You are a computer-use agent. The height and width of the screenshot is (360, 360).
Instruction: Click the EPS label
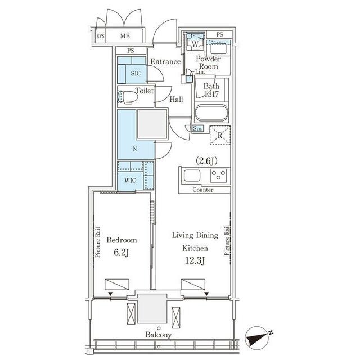(x=100, y=36)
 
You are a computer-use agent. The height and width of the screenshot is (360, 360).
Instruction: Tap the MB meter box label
(x=125, y=36)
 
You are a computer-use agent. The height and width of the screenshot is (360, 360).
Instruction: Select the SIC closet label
(x=136, y=74)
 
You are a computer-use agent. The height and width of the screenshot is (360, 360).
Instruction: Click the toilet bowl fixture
(x=127, y=97)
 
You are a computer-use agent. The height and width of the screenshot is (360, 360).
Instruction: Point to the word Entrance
(x=165, y=61)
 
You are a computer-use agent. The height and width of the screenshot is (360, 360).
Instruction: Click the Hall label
(x=176, y=100)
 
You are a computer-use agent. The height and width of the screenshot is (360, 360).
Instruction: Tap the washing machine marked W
(x=195, y=42)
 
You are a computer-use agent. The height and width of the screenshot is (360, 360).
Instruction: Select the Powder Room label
(x=208, y=62)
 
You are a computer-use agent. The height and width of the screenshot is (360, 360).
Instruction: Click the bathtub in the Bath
(x=211, y=112)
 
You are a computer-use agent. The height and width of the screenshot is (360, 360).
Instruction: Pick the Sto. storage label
(x=197, y=128)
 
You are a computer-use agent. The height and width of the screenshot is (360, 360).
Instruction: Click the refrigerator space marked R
(x=220, y=135)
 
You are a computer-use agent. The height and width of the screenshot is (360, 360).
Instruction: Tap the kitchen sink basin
(x=192, y=176)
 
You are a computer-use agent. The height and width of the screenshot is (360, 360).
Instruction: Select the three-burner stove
(x=218, y=175)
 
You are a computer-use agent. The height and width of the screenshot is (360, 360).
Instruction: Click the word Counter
(x=202, y=190)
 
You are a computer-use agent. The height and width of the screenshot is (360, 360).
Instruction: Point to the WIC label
(x=130, y=181)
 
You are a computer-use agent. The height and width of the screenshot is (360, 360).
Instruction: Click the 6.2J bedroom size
(x=121, y=253)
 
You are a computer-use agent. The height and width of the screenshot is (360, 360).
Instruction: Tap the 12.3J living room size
(x=195, y=260)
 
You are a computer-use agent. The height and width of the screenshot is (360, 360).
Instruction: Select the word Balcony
(x=159, y=335)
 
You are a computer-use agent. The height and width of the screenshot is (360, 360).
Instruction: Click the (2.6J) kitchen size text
(x=206, y=161)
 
